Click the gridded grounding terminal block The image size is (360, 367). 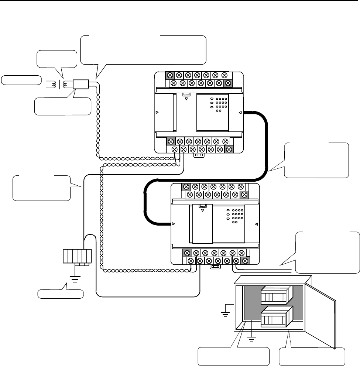click(x=76, y=256)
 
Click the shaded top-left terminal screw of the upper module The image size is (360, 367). click(x=171, y=75)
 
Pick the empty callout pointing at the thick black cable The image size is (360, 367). click(x=317, y=160)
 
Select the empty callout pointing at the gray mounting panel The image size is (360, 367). click(x=232, y=356)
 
